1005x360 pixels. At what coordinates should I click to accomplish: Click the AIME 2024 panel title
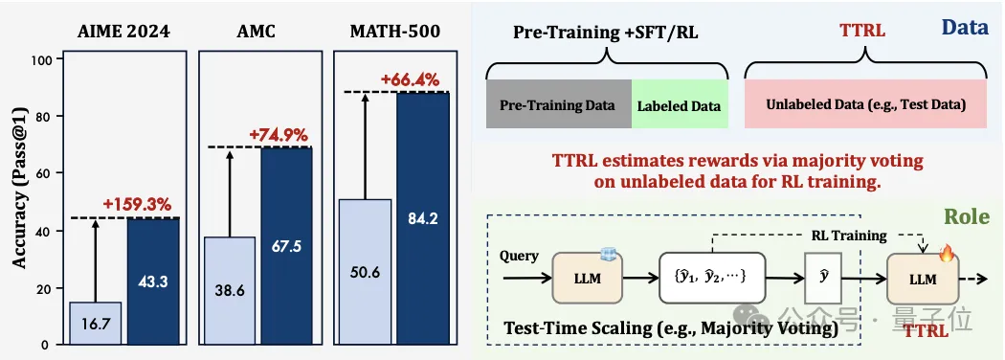[x=125, y=32]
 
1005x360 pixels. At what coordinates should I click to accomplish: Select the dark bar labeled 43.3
[x=152, y=281]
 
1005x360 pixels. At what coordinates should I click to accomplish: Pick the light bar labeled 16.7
[x=95, y=324]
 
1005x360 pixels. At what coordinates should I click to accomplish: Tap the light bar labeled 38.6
[x=230, y=291]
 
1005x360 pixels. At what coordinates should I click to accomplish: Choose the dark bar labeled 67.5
[x=286, y=246]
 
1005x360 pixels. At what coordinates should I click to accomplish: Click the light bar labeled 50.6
[x=365, y=272]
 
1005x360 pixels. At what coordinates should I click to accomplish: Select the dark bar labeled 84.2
[x=422, y=219]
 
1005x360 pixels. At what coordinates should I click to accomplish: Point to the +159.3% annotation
[x=137, y=205]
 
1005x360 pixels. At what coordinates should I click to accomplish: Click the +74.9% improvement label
[x=279, y=135]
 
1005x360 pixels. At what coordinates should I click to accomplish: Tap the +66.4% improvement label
[x=410, y=80]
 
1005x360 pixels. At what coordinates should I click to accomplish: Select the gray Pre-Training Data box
[x=559, y=104]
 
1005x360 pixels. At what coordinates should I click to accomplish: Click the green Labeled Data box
[x=680, y=104]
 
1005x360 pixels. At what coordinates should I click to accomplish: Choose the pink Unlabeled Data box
[x=865, y=104]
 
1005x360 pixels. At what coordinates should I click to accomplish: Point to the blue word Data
[x=964, y=28]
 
